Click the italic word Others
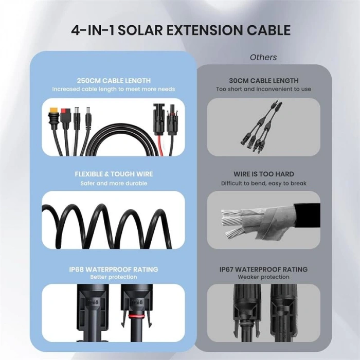[263, 57]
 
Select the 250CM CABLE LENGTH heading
[113, 81]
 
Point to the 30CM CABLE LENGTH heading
[263, 81]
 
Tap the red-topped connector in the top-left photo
[66, 114]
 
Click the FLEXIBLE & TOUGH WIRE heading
[113, 174]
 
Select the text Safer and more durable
[113, 183]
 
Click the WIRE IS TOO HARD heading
[263, 174]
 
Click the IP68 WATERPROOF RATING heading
[113, 269]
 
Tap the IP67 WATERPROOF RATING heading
[263, 269]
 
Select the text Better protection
[113, 277]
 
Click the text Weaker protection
[263, 277]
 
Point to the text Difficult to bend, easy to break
[263, 183]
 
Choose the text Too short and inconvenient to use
[263, 89]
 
